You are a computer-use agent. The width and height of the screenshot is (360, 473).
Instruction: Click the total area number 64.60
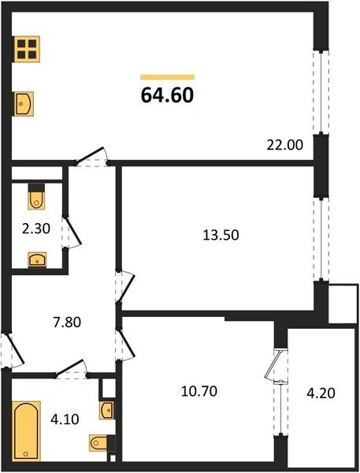coord(167,95)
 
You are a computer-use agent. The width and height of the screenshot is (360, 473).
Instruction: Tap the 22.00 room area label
coord(285,145)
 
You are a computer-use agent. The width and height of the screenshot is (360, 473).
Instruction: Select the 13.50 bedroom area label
coord(221,235)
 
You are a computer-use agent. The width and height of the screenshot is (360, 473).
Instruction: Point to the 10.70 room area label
coord(199,391)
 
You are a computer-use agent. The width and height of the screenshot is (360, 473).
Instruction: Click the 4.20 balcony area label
coord(321,393)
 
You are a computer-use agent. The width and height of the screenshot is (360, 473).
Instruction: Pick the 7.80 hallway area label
coord(67,322)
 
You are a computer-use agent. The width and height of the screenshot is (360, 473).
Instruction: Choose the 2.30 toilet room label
coord(36,229)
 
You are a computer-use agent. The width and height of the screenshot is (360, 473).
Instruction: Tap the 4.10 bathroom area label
coord(65,419)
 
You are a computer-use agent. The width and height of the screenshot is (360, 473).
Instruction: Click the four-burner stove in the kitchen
coord(27,49)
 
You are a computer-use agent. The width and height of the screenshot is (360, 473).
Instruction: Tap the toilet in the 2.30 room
coord(36,196)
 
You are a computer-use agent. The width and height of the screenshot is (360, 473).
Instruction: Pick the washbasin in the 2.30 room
coord(37,259)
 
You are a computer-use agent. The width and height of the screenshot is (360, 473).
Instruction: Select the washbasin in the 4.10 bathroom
coord(106,410)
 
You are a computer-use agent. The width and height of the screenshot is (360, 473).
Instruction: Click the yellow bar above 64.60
coord(167,77)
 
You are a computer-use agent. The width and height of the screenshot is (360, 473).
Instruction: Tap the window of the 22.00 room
coord(321,92)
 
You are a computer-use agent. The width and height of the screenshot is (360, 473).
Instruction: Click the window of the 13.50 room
coord(321,240)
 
